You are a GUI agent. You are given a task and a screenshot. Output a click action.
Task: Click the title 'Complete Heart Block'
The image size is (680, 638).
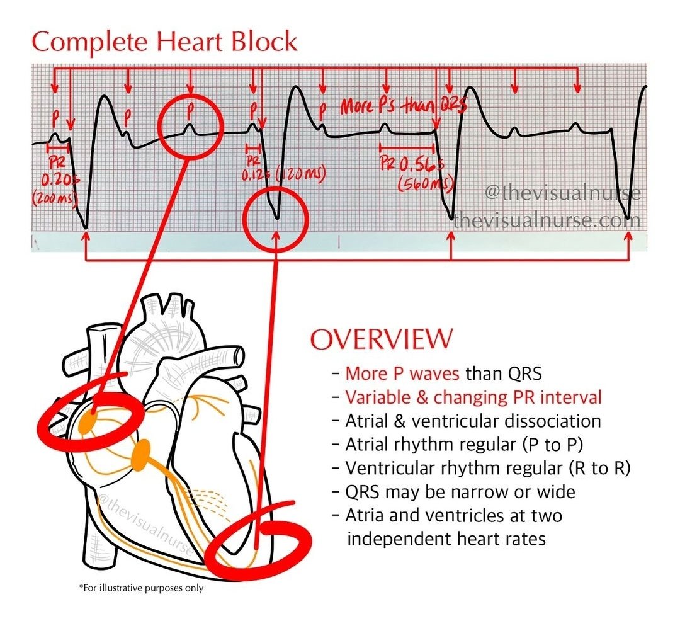pyautogui.click(x=164, y=42)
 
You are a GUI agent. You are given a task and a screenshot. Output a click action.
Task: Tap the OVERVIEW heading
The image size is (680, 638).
pyautogui.click(x=381, y=339)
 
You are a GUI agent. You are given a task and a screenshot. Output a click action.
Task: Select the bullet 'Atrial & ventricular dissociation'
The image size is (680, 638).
pyautogui.click(x=473, y=421)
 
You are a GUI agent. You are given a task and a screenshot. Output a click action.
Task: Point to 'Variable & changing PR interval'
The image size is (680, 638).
pyautogui.click(x=473, y=397)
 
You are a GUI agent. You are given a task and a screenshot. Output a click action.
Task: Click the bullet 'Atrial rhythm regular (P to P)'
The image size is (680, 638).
pyautogui.click(x=465, y=445)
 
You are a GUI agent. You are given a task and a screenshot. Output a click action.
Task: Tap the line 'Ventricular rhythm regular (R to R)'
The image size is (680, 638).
pyautogui.click(x=488, y=468)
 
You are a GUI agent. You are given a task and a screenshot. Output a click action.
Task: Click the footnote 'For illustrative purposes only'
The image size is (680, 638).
pyautogui.click(x=142, y=588)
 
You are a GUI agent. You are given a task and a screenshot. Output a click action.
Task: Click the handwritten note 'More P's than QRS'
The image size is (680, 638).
pyautogui.click(x=403, y=106)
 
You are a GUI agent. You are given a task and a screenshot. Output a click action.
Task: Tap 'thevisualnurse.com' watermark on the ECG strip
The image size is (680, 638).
pyautogui.click(x=547, y=221)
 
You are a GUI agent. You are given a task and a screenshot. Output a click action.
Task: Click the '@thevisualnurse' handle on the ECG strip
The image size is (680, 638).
pyautogui.click(x=562, y=193)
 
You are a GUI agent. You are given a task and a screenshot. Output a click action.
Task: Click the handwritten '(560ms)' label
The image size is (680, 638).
pyautogui.click(x=426, y=184)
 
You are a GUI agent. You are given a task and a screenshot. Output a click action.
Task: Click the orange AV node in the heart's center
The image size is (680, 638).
pyautogui.click(x=141, y=455)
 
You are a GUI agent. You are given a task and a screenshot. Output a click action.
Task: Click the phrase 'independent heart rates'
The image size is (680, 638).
pyautogui.click(x=446, y=539)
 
